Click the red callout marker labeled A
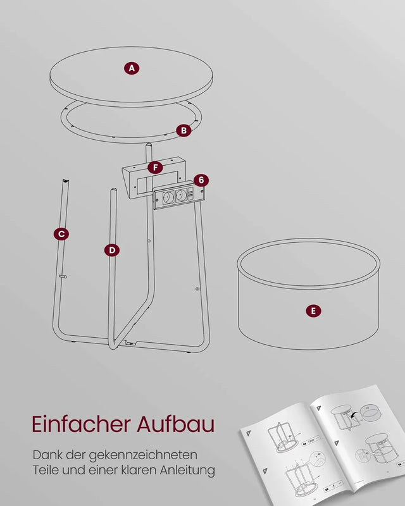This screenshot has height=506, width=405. click(132, 68)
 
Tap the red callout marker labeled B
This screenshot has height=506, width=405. click(184, 131)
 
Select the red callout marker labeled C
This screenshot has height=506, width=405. click(61, 234)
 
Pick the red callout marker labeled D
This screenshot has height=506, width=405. click(111, 250)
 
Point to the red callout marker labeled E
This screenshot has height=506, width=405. click(313, 311)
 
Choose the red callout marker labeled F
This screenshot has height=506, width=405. click(154, 168)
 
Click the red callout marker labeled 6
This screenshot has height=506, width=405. click(201, 180)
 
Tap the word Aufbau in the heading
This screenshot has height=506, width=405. click(177, 424)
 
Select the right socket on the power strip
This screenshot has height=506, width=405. click(181, 195)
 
